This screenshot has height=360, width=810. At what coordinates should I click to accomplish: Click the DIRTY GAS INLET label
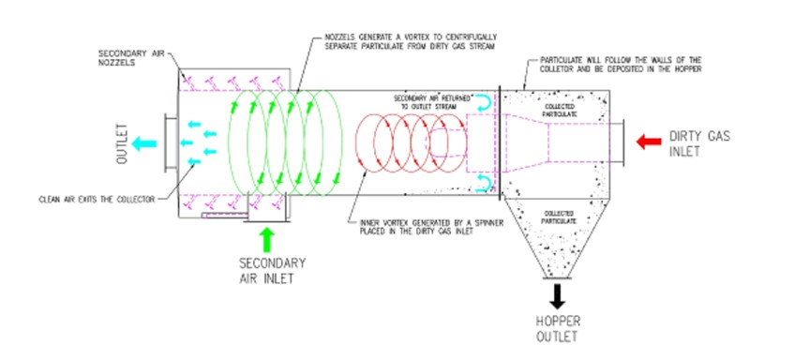[697, 143]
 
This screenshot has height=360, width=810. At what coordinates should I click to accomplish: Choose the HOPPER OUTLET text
[556, 329]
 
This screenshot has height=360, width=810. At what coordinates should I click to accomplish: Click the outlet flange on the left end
[166, 142]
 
